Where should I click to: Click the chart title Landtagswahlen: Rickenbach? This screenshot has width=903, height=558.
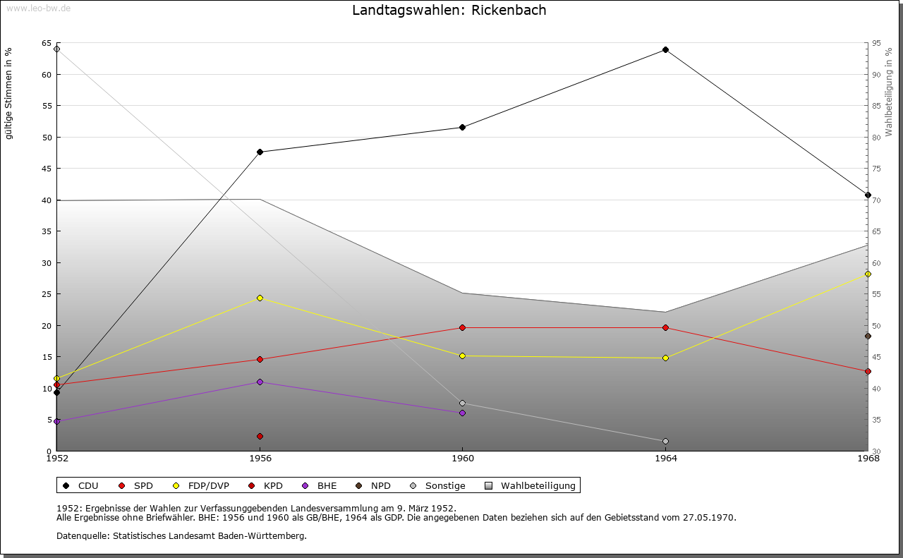[449, 11]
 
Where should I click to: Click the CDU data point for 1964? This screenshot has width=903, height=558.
[665, 50]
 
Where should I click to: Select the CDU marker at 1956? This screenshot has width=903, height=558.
[260, 152]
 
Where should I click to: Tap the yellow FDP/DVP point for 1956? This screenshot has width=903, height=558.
[260, 298]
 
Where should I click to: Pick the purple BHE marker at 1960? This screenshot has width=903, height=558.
[462, 413]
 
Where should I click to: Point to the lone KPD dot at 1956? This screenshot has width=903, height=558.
[260, 436]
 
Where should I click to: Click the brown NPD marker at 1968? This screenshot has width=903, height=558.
[868, 336]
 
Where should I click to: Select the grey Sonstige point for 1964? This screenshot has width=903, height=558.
[665, 442]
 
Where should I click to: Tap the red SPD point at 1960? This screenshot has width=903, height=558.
[462, 327]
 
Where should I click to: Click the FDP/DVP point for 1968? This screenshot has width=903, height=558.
[868, 274]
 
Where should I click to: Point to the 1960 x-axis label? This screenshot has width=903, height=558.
[462, 459]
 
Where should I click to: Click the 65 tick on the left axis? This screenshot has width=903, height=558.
[46, 44]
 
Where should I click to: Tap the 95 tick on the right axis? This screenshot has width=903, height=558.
[876, 44]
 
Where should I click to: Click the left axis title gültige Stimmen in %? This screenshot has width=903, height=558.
[9, 93]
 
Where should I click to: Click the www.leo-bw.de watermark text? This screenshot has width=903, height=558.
[37, 7]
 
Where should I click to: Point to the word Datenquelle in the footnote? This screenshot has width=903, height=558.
[80, 536]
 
